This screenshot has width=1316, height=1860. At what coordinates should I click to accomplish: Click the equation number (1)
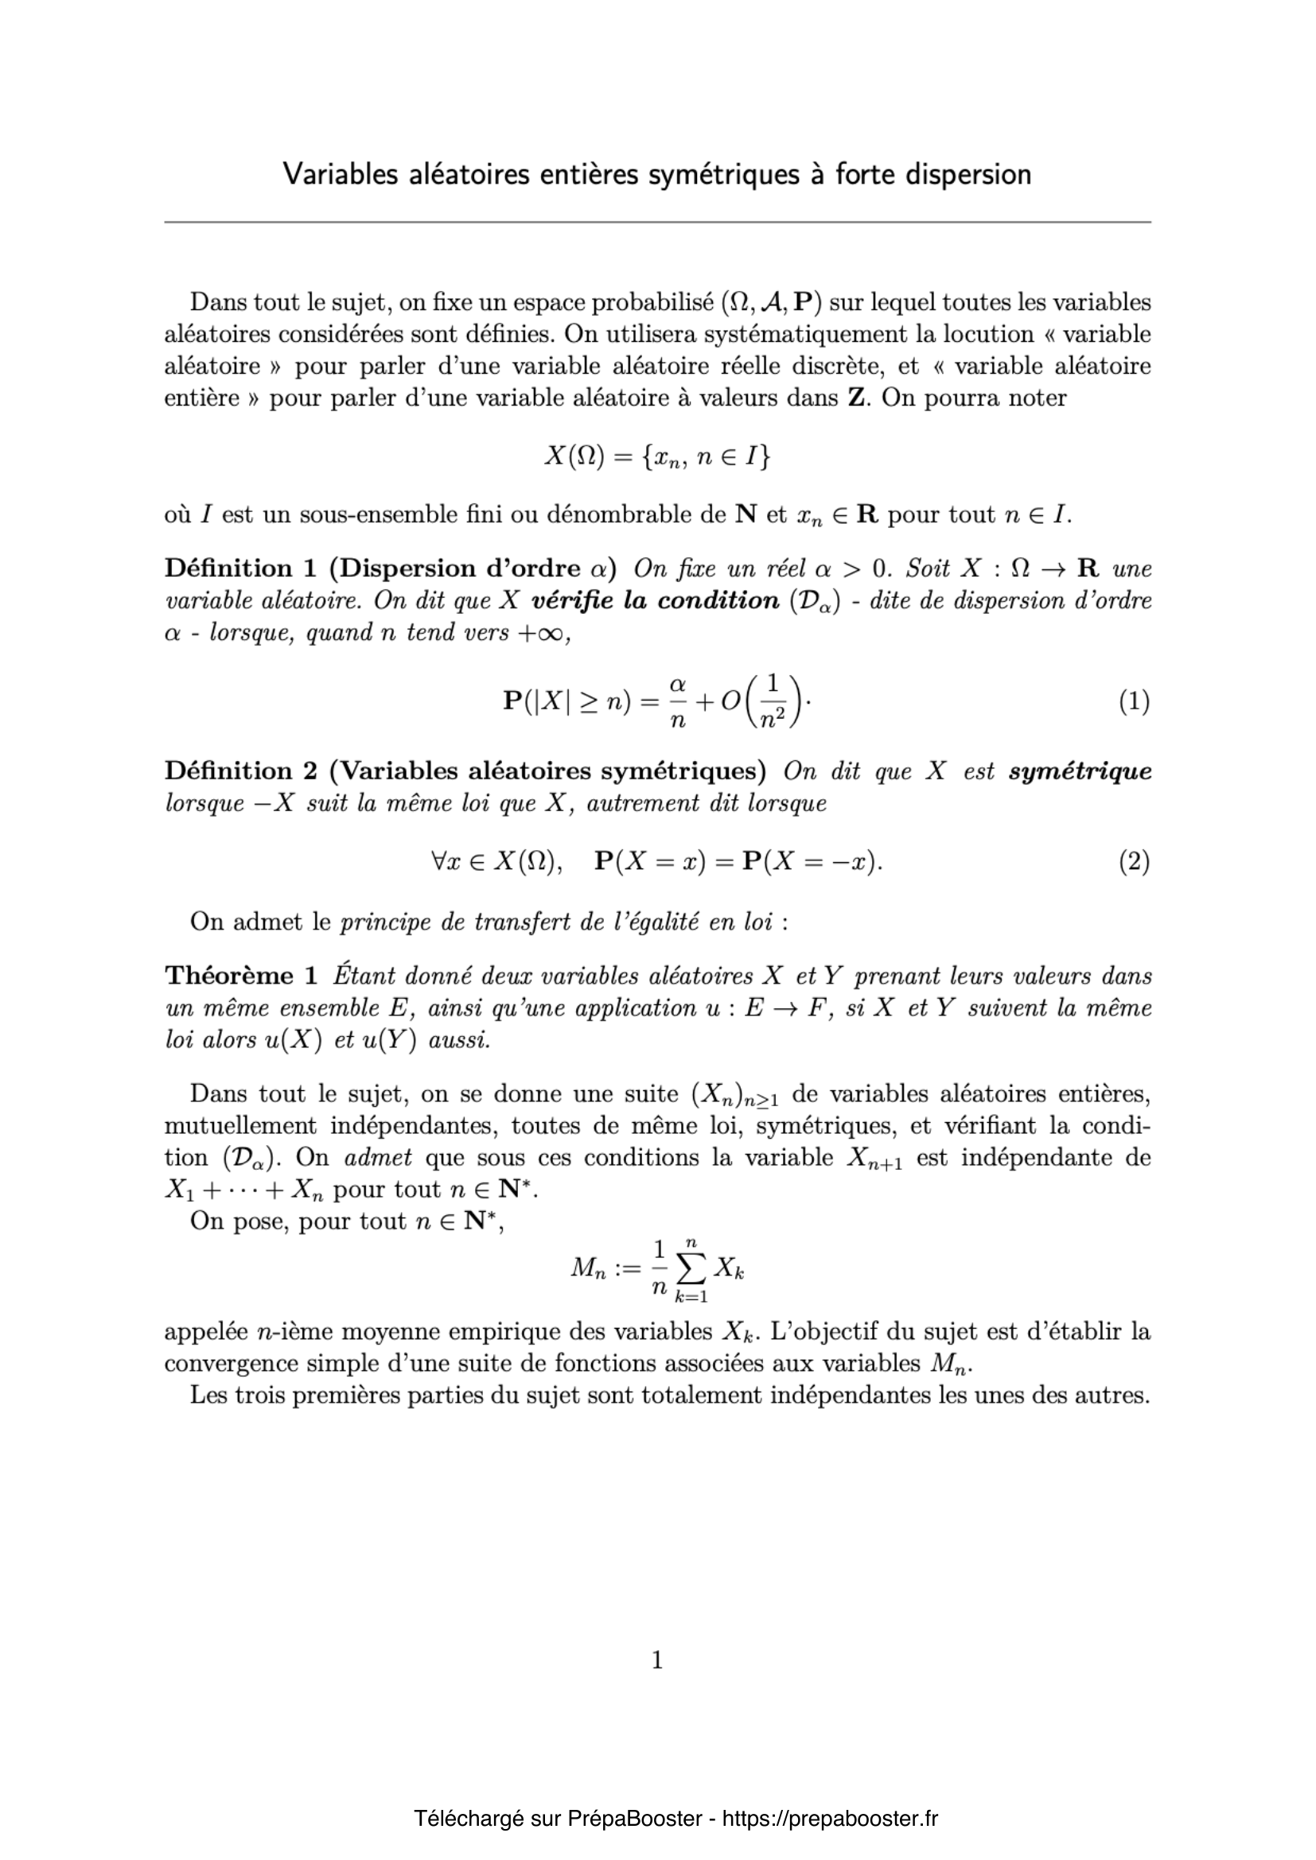[x=1134, y=701]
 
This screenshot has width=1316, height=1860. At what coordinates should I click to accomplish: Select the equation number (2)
[x=1134, y=862]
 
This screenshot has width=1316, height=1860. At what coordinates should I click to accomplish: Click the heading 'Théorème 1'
[x=229, y=976]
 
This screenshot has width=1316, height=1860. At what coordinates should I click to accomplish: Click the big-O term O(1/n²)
[x=761, y=701]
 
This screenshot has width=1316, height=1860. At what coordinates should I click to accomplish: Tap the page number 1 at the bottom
[x=657, y=1661]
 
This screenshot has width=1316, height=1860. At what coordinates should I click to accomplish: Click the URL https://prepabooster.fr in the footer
[x=829, y=1819]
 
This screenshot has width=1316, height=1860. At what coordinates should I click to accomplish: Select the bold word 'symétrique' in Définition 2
[x=1080, y=771]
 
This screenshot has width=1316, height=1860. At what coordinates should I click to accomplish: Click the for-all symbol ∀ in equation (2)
[x=439, y=862]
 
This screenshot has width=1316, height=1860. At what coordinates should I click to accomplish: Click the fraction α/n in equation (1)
[x=677, y=701]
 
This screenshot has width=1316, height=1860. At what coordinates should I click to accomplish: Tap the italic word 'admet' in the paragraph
[x=378, y=1158]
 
